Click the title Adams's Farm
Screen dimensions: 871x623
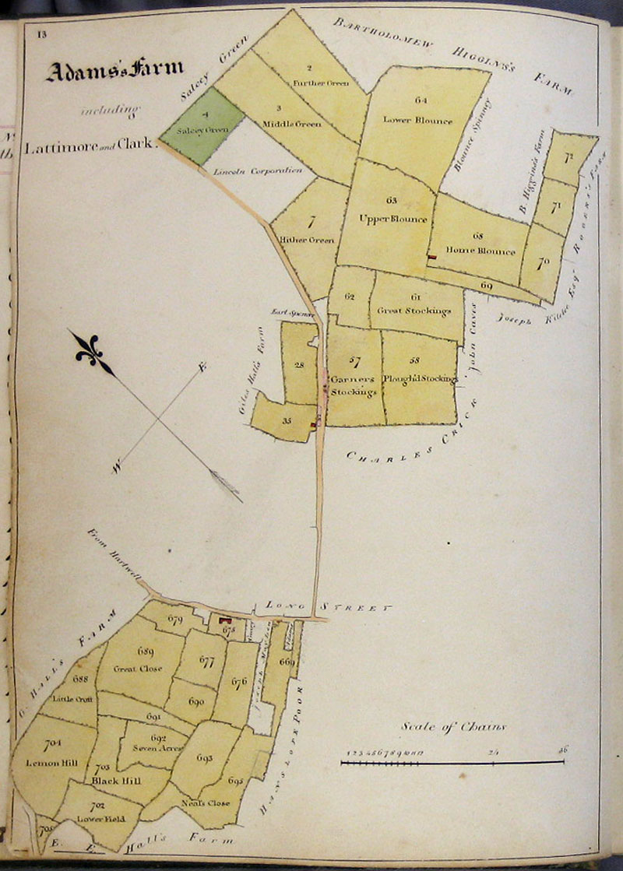(x=114, y=72)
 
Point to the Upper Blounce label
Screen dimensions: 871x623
(x=393, y=219)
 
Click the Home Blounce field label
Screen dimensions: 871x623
(x=480, y=251)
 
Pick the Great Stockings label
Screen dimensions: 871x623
(x=414, y=311)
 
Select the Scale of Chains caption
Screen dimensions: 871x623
(x=454, y=727)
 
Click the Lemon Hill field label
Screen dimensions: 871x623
(x=53, y=762)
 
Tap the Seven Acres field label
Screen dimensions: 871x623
(x=157, y=748)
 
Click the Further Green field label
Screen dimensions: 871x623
(x=320, y=83)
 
